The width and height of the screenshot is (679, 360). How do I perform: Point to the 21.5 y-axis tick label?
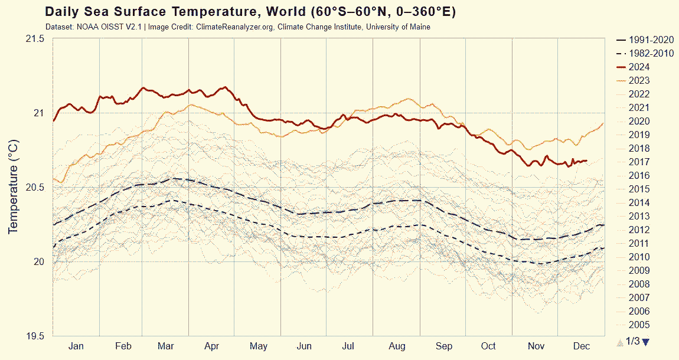[x=35, y=38]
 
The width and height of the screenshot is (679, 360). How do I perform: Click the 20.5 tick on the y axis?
[x=35, y=187]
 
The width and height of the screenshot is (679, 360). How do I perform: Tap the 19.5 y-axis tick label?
[x=35, y=336]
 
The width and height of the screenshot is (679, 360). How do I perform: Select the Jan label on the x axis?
[x=76, y=346]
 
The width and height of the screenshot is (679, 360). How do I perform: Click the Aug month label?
[x=397, y=346]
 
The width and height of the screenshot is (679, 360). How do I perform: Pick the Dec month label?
[x=582, y=346]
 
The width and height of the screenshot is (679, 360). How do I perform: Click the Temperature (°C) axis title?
[x=14, y=187]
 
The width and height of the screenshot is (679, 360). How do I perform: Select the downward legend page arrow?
[x=645, y=342]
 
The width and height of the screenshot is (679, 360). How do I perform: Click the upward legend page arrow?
[x=619, y=342]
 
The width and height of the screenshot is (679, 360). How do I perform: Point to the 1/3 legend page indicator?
[x=632, y=341]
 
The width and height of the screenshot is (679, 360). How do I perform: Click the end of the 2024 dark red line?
[x=586, y=161]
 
